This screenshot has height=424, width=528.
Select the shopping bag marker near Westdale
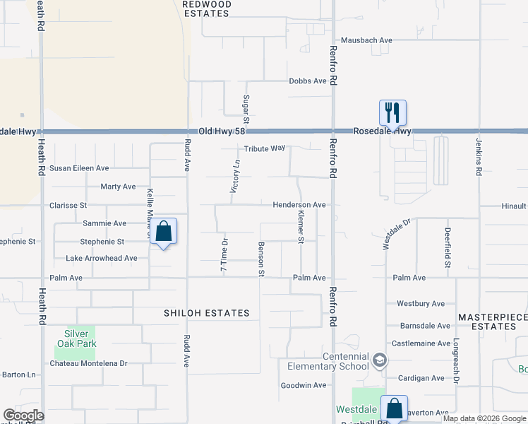[394, 408]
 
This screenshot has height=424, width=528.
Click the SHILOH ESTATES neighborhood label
[207, 313]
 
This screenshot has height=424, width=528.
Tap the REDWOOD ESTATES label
[206, 8]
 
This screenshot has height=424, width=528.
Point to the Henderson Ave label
[299, 205]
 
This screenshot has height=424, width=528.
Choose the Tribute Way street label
[265, 149]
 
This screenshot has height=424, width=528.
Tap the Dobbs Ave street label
[308, 81]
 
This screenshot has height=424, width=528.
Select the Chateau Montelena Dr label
[88, 363]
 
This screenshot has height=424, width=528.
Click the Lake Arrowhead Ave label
[102, 259]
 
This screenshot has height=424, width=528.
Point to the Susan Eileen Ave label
[79, 168]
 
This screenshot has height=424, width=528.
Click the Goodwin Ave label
[304, 385]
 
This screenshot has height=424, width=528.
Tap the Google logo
[23, 416]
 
